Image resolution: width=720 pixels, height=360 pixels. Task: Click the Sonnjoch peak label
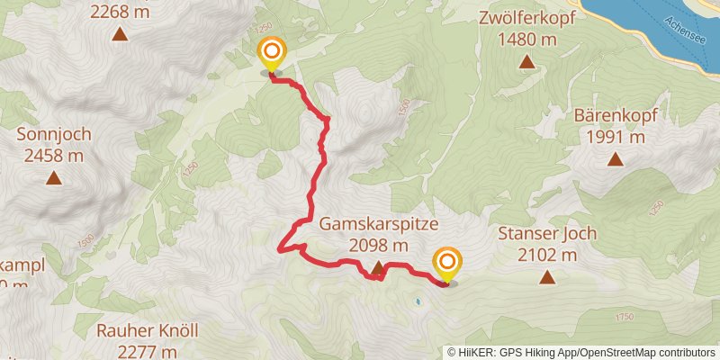tap(50, 136)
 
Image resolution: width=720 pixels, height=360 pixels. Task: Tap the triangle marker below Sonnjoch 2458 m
tap(55, 177)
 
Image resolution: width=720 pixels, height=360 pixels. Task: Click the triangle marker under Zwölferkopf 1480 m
tap(526, 62)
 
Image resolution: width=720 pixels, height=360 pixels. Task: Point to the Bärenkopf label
tap(616, 117)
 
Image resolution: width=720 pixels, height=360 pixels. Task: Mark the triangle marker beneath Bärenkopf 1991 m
tap(616, 159)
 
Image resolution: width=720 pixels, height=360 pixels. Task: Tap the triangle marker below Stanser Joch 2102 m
tap(546, 276)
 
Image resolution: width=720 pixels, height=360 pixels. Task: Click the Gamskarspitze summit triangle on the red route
tap(378, 267)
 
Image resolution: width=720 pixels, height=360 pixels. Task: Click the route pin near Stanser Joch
tap(446, 264)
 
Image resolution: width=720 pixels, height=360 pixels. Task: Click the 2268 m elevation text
tap(120, 13)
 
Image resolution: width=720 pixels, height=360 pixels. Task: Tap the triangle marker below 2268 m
tap(120, 35)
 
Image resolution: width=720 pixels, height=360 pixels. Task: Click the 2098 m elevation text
tap(378, 245)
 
